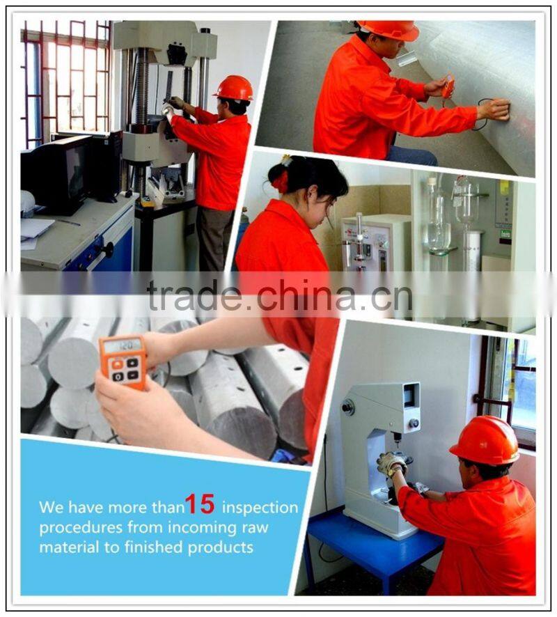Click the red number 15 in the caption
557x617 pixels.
[x=200, y=504]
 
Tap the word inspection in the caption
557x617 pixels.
[x=260, y=507]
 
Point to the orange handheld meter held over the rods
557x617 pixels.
[x=123, y=362]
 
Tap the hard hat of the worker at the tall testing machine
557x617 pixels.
[x=233, y=88]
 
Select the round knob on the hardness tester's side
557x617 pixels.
[x=347, y=406]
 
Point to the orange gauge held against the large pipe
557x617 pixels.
[x=448, y=86]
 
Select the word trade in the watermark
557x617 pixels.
[x=193, y=295]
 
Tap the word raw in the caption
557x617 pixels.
[x=256, y=528]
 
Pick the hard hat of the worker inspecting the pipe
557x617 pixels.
[x=389, y=29]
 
